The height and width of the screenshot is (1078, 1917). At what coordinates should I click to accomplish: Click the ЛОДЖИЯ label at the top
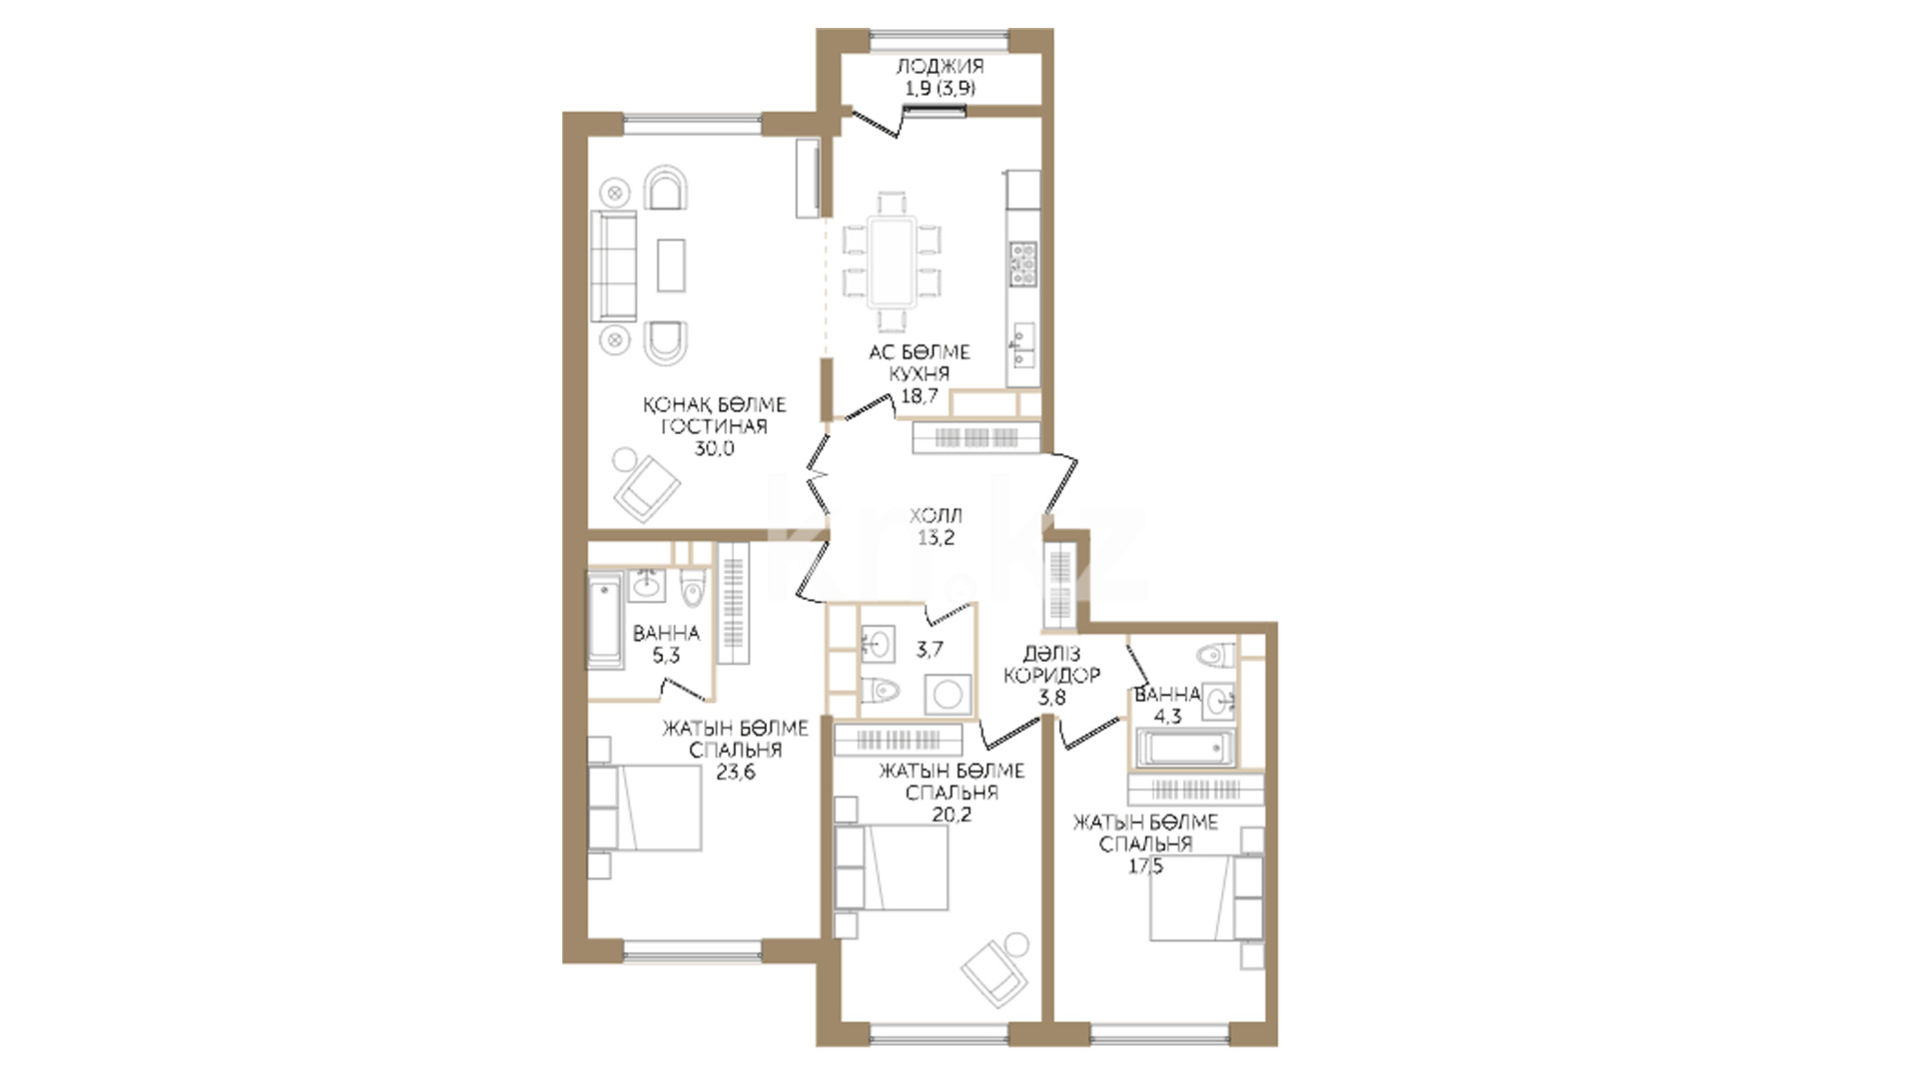[940, 66]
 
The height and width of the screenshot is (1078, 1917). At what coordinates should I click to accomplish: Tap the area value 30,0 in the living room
[714, 448]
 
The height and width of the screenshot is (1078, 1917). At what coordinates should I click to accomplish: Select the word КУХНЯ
[920, 373]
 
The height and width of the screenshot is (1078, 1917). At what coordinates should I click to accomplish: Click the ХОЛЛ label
[936, 515]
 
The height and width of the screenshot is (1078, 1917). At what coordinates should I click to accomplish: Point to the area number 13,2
[937, 537]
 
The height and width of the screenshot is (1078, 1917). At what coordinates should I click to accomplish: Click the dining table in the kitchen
[891, 262]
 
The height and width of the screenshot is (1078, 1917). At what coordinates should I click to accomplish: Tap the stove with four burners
[1023, 265]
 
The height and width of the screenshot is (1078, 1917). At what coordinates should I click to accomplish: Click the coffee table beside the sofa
[671, 265]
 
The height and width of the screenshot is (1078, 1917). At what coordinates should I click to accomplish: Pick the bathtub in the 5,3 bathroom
[605, 620]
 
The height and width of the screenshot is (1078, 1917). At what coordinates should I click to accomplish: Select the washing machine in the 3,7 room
[948, 695]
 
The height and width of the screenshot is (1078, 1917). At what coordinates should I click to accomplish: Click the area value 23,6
[736, 771]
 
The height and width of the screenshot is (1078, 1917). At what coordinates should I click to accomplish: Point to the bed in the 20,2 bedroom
[892, 867]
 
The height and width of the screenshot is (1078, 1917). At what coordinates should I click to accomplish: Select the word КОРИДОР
[1051, 675]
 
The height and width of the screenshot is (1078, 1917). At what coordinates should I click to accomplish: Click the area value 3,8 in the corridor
[1051, 697]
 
